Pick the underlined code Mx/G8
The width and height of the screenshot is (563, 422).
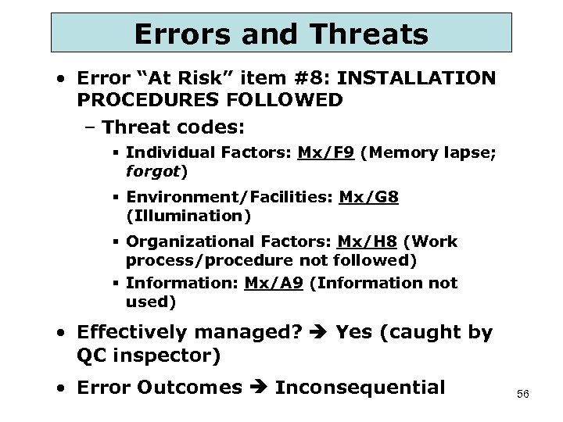coord(369,198)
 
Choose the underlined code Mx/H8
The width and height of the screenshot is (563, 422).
coord(368,242)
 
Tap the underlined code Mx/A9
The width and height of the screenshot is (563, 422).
coord(274,284)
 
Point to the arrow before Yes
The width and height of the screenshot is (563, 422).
coord(318,333)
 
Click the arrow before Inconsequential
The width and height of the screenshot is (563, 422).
coord(258,388)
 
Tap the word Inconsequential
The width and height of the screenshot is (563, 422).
coord(360,388)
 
